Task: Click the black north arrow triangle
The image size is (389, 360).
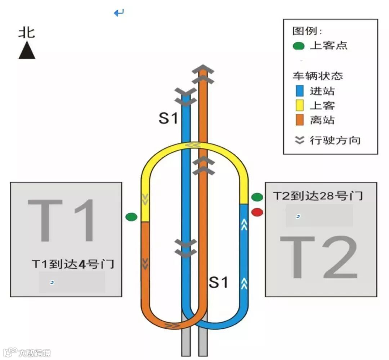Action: tap(27, 51)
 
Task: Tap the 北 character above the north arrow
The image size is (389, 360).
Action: tap(27, 33)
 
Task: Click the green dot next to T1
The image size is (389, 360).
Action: tap(131, 217)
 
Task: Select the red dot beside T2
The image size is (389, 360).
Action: tap(257, 212)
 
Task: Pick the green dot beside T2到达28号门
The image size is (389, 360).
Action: tap(257, 197)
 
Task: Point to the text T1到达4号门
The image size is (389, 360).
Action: tap(73, 264)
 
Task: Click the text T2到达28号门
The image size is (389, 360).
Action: tap(318, 196)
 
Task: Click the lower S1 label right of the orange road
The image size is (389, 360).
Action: tap(219, 283)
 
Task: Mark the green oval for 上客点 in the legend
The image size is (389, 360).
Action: tap(299, 46)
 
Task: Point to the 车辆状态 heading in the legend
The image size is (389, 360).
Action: tap(317, 76)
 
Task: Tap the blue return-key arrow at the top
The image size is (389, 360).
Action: tap(119, 13)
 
